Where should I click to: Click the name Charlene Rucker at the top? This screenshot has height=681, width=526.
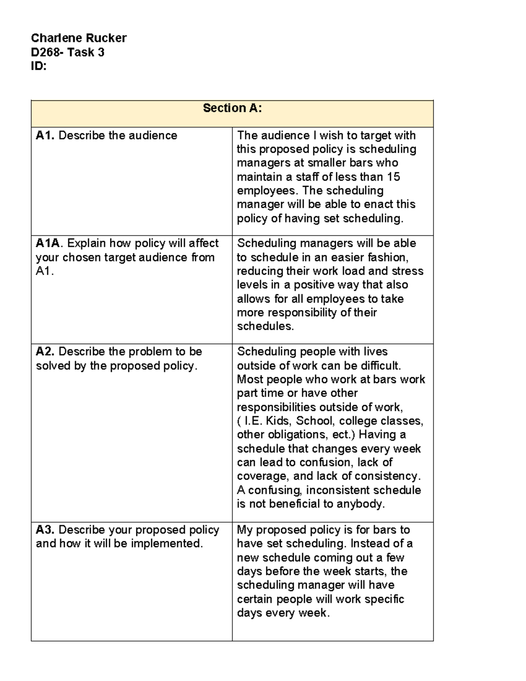point(78,38)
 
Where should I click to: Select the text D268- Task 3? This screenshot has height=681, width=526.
point(68,53)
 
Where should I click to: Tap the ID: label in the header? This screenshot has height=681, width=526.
point(39,67)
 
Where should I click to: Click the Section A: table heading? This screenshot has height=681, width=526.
point(232,108)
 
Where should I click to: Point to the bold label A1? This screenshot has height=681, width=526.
point(45,135)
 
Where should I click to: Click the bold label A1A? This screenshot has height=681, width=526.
point(50,243)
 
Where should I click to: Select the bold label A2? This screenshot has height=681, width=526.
point(45,352)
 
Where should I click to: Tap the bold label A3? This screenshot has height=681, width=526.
point(45,530)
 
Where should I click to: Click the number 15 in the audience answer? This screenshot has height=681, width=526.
point(393,177)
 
